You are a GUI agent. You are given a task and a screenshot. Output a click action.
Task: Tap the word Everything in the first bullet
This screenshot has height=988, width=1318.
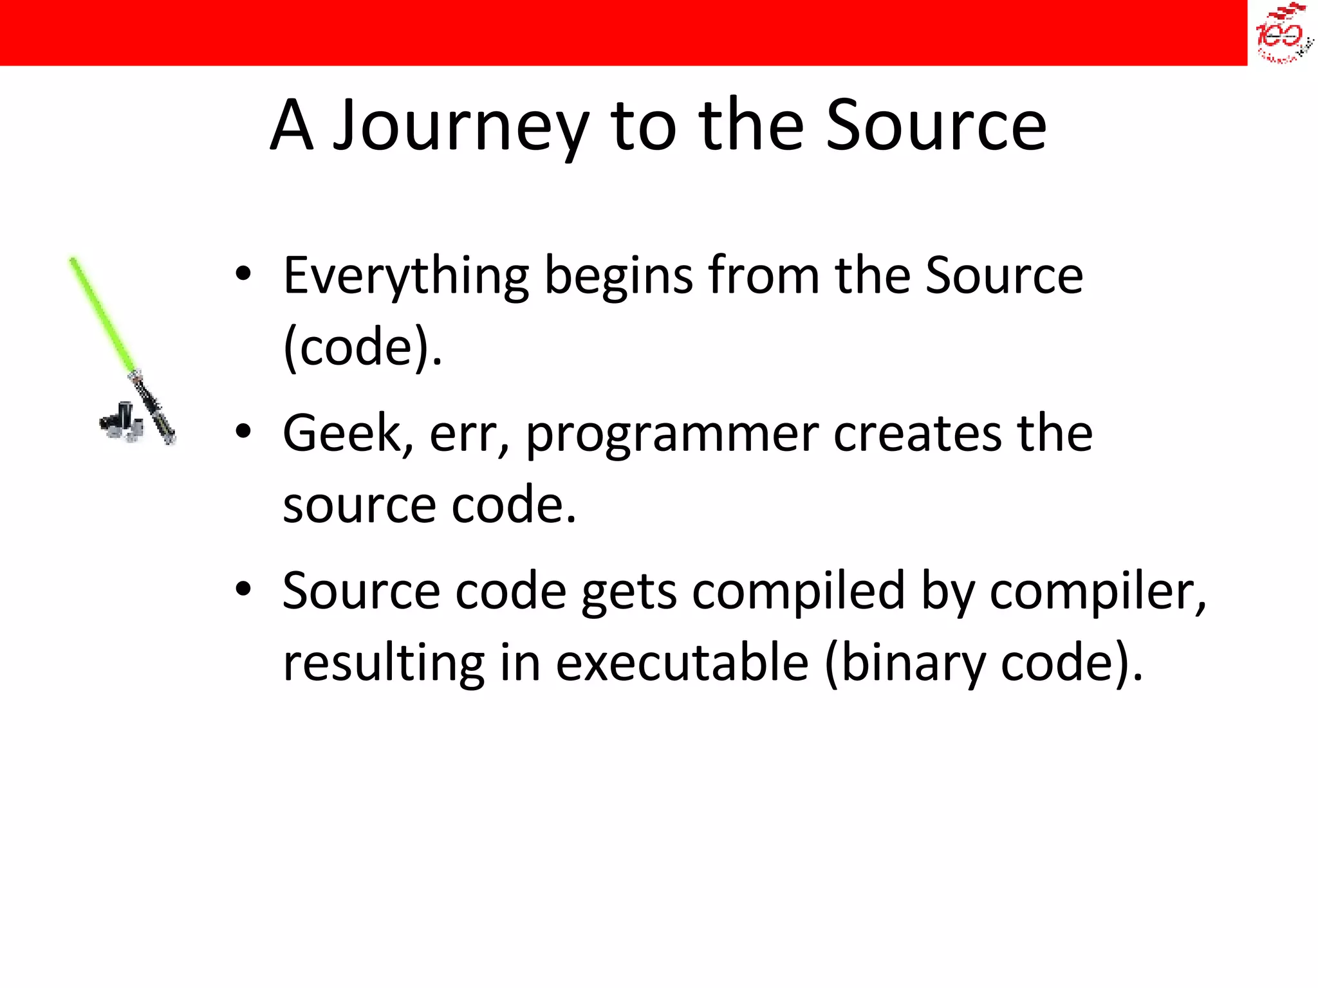tap(406, 277)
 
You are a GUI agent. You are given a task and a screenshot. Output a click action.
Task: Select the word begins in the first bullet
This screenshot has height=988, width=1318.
tap(618, 277)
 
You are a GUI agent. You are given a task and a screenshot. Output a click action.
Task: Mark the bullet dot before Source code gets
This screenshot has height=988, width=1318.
tap(243, 589)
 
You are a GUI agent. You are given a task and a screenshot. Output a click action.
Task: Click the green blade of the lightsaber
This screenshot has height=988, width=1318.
tap(103, 315)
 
